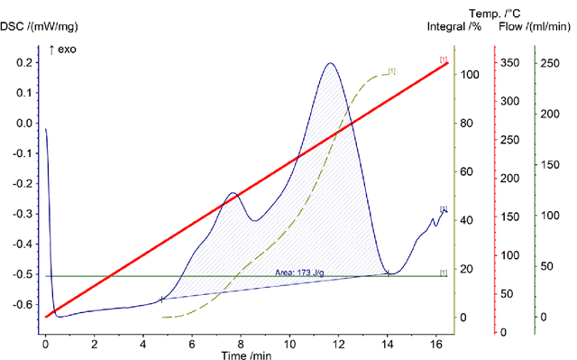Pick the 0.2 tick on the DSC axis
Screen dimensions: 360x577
[x=25, y=63]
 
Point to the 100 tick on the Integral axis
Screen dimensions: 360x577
[x=469, y=74]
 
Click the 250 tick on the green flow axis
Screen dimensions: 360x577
[x=548, y=62]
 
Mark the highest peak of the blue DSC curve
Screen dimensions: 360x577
[x=330, y=63]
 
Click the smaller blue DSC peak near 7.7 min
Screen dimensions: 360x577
[x=233, y=193]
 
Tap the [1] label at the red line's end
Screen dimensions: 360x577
[x=443, y=59]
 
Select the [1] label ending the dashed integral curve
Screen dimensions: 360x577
[x=391, y=70]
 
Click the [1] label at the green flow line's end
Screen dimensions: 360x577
[x=443, y=272]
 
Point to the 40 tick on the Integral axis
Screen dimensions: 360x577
[x=466, y=220]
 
